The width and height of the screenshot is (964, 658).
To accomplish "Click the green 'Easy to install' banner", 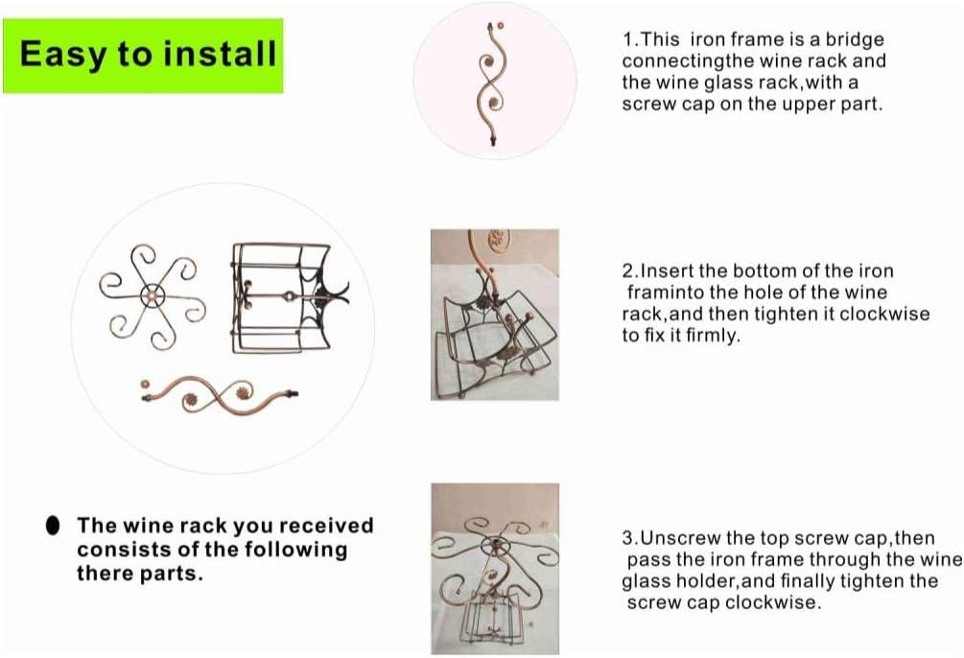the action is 143,56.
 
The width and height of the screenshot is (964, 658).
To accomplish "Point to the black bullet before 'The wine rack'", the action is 54,526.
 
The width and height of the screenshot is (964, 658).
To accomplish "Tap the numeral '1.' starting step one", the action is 631,40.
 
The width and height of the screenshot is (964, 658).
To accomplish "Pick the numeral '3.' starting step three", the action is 630,538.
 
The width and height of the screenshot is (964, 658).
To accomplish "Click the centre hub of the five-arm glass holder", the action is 152,296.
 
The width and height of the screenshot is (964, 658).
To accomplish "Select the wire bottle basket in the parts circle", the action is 290,298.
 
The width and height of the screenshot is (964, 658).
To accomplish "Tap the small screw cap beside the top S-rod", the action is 500,26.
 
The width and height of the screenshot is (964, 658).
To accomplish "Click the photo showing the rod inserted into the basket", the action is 495,315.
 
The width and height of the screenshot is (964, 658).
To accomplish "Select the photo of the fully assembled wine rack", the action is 495,569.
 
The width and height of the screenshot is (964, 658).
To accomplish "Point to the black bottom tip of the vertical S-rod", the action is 493,141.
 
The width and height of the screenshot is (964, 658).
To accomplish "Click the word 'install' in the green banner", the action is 220,54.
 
